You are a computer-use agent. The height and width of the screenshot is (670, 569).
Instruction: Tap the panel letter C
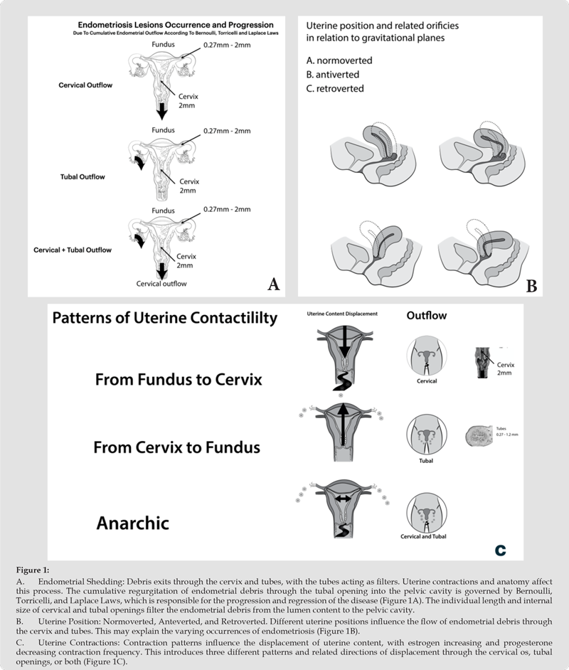[x=501, y=550]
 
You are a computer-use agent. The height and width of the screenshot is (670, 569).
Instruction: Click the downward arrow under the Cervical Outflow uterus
[x=162, y=111]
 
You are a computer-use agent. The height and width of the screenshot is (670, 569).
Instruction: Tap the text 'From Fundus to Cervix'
[x=179, y=380]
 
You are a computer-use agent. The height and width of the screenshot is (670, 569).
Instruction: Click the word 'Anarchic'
[x=132, y=523]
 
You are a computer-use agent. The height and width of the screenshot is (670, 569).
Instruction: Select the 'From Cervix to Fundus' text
[x=177, y=447]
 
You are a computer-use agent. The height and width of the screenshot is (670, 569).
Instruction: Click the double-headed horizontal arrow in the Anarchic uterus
[x=342, y=500]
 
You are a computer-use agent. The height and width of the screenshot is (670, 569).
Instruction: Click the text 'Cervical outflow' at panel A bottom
[x=162, y=284]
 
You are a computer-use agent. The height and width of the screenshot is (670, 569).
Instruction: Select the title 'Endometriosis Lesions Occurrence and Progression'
[x=156, y=23]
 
